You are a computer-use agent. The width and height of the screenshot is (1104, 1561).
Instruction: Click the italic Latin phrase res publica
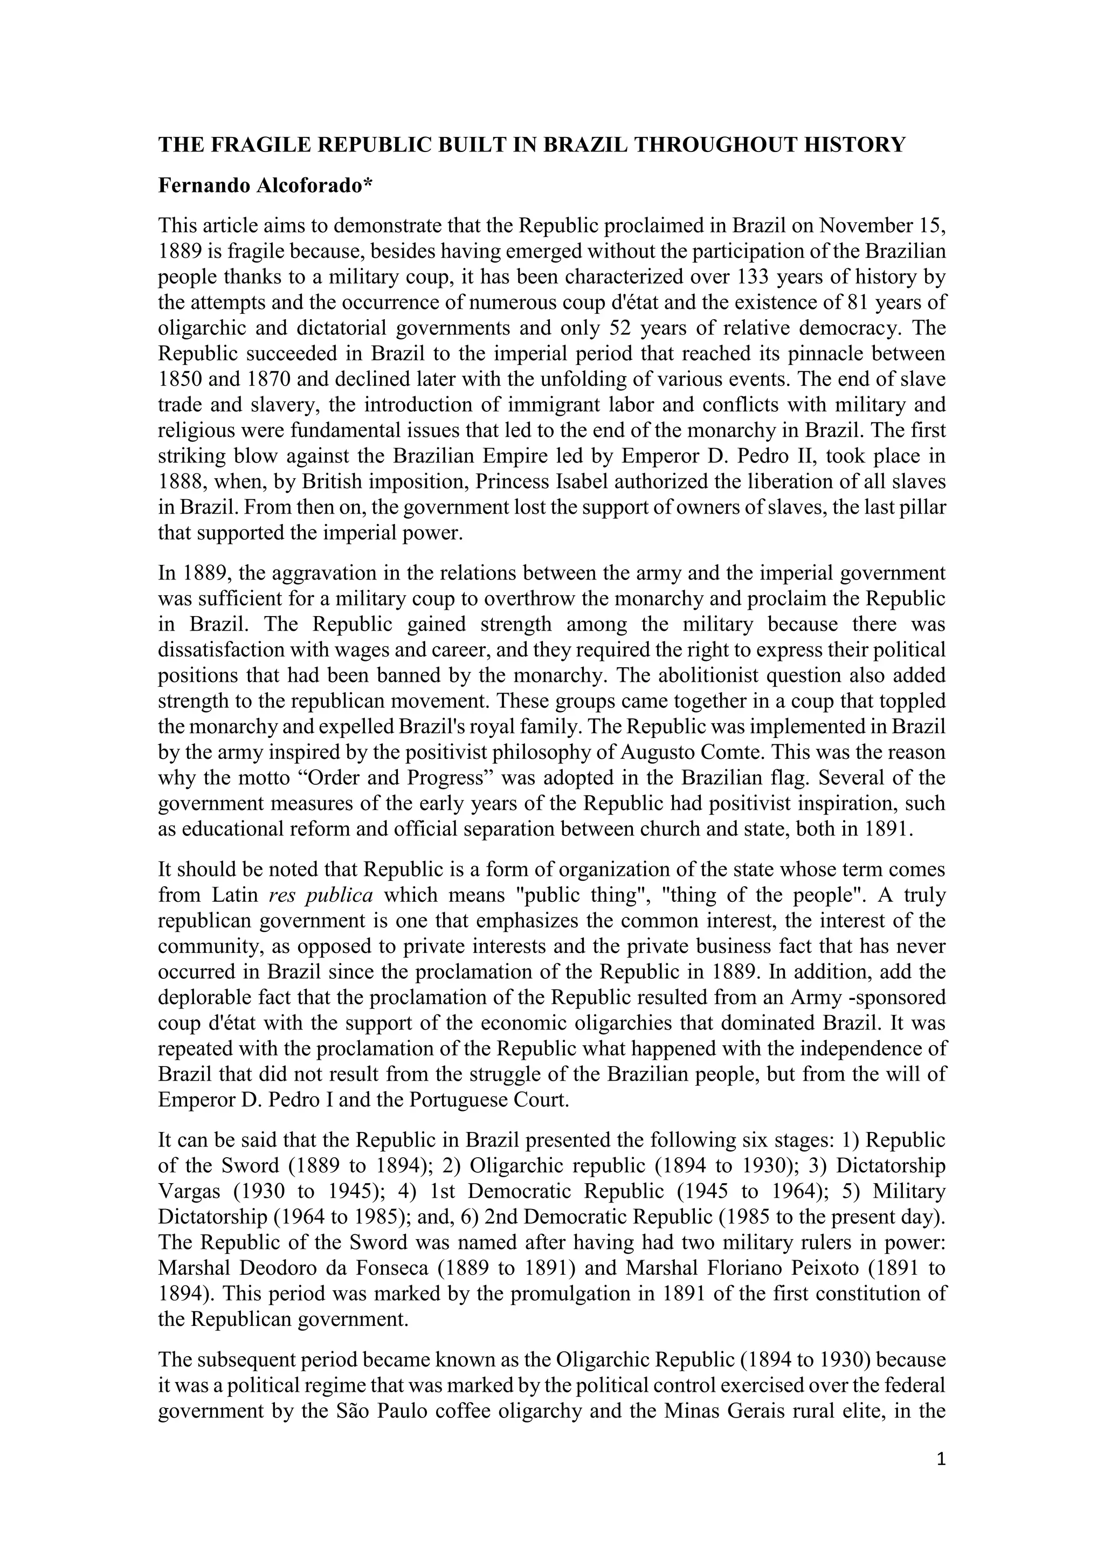click(321, 895)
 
